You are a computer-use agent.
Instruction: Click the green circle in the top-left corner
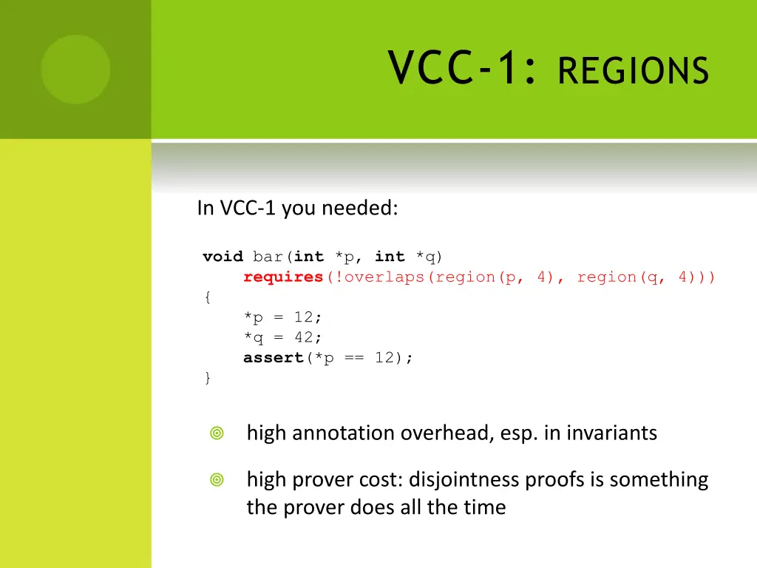[75, 70]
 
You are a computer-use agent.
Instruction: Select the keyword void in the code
[223, 257]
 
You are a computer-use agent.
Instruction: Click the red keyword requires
[284, 277]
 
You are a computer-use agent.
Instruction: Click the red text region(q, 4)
[637, 277]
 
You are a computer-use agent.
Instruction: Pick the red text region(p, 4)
[495, 277]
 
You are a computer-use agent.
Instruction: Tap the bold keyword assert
[274, 358]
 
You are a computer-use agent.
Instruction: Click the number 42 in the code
[303, 337]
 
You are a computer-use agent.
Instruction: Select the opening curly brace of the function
[208, 297]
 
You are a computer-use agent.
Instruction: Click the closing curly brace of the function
[208, 378]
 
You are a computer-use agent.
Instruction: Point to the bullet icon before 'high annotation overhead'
[217, 433]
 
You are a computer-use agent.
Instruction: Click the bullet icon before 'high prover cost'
[217, 481]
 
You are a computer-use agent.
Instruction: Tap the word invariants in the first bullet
[611, 433]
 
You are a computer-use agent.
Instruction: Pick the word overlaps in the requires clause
[384, 277]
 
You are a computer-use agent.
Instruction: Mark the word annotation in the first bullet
[344, 433]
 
